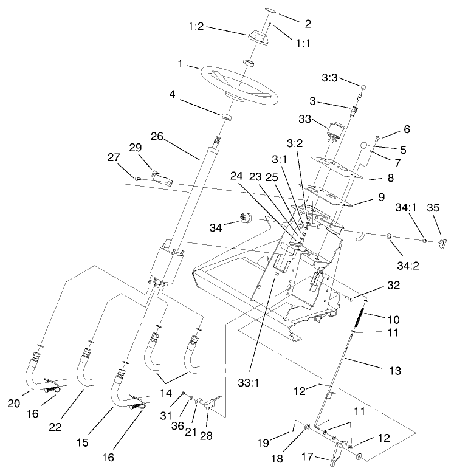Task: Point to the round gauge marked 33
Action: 335,130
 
